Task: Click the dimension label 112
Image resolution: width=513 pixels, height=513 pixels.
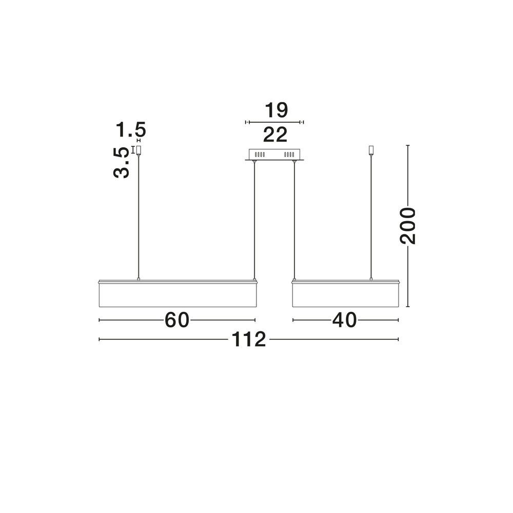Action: click(x=249, y=339)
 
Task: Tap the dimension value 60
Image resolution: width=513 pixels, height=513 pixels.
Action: click(x=176, y=320)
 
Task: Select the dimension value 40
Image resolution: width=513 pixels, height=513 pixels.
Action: click(x=345, y=320)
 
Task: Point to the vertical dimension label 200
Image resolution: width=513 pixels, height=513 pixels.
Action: click(x=408, y=226)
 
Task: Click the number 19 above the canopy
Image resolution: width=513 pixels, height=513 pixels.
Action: click(x=276, y=110)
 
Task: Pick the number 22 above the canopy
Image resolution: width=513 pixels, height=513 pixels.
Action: click(x=275, y=134)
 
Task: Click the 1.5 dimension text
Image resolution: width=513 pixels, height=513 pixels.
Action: click(x=131, y=130)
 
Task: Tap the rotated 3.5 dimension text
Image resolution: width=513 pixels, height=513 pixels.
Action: click(x=121, y=163)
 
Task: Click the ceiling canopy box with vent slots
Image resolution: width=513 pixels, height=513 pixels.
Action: click(x=274, y=155)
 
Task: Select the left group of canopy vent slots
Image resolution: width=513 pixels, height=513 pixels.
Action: click(x=260, y=154)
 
